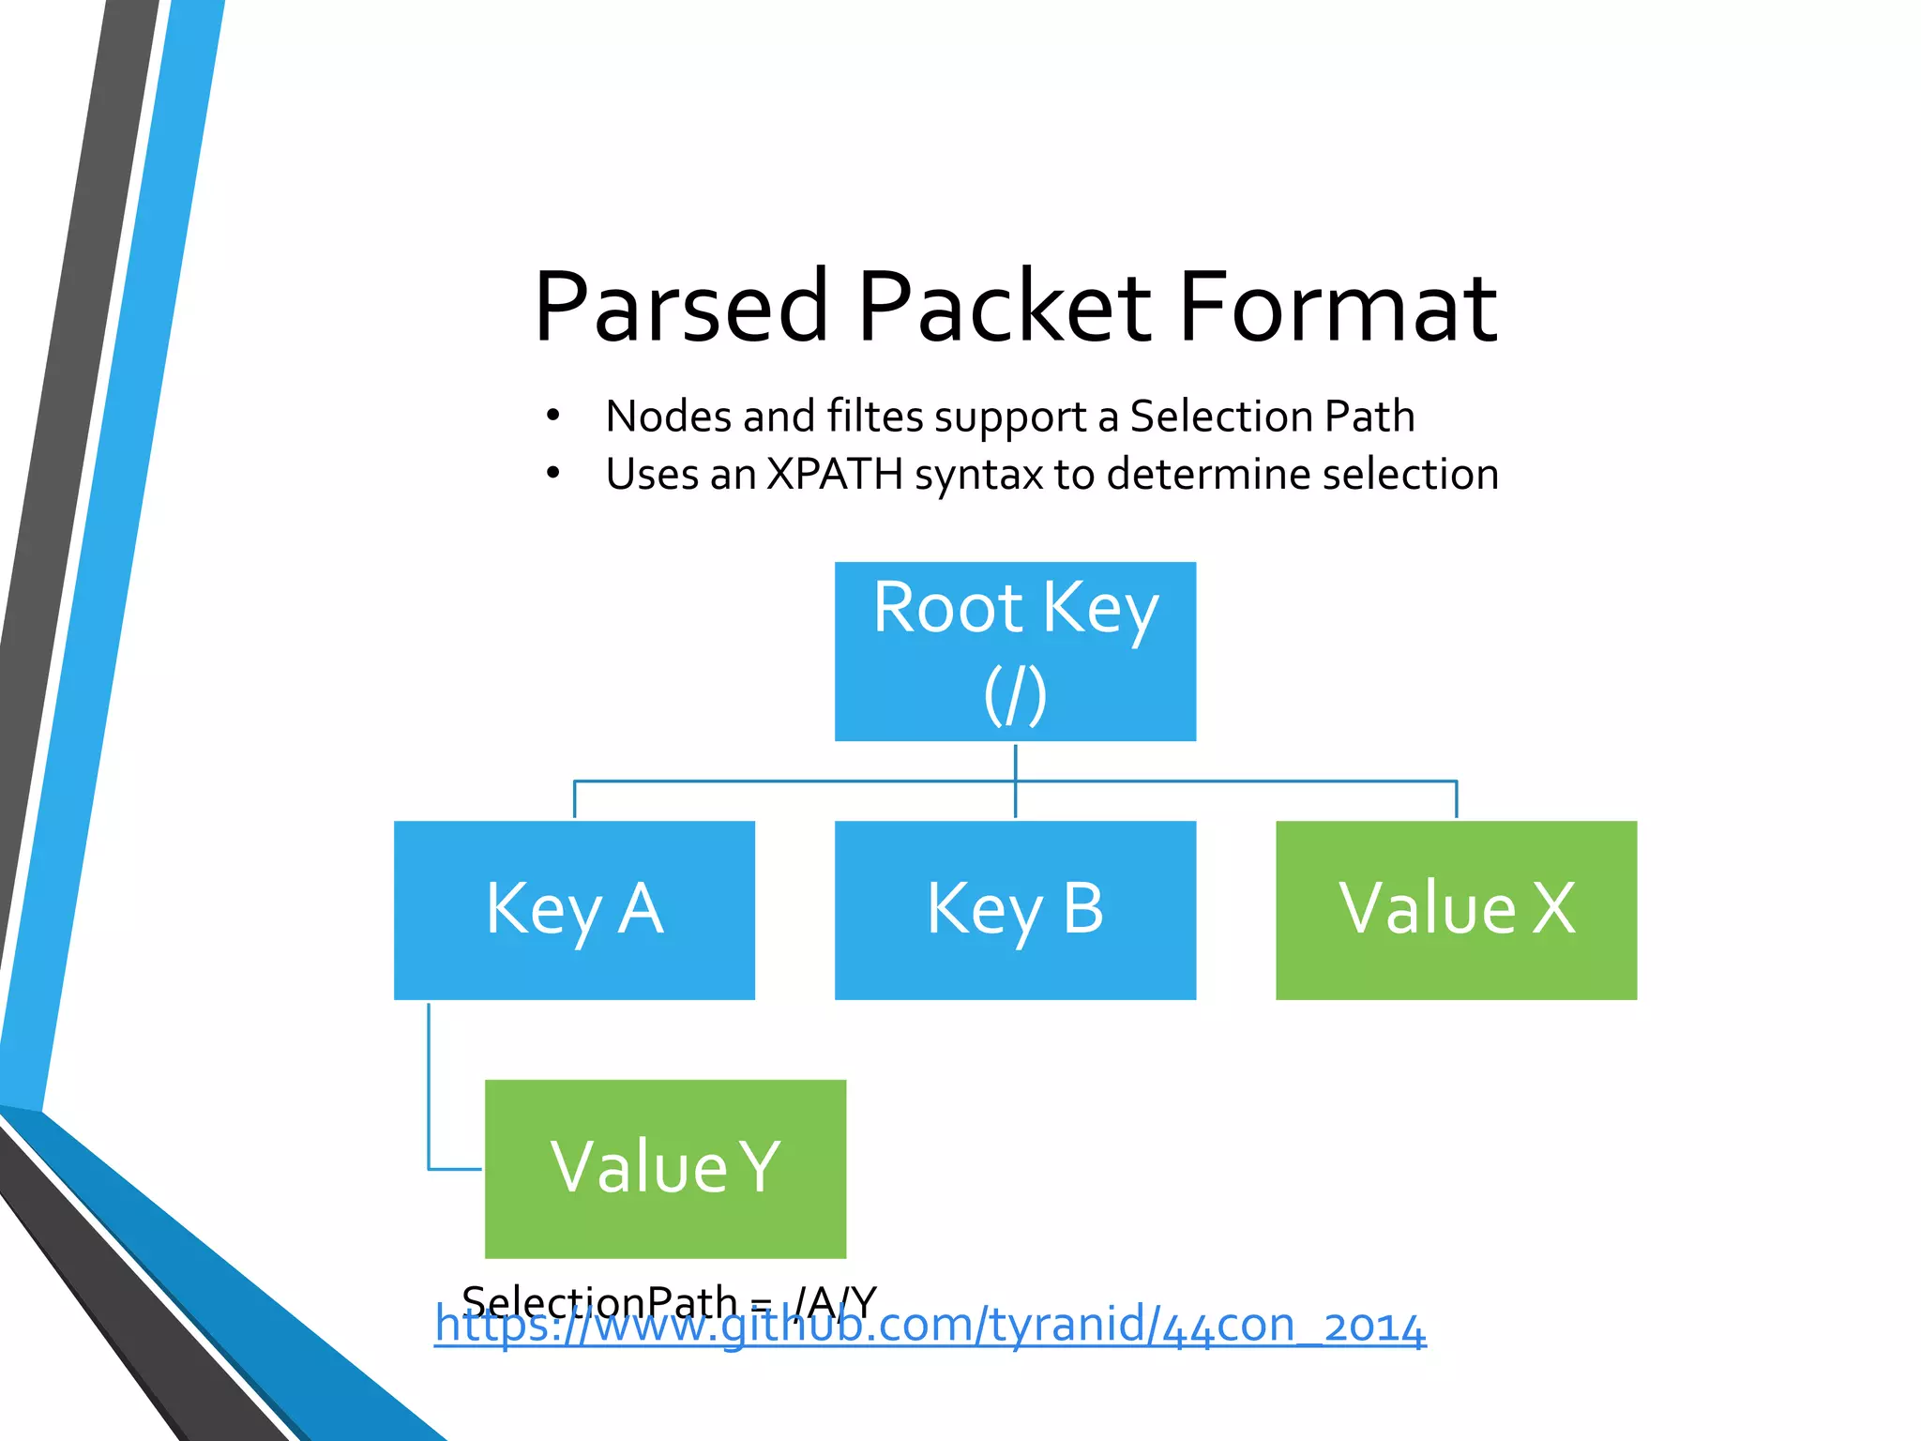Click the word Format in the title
point(1338,307)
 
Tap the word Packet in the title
point(1004,307)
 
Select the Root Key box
point(1015,651)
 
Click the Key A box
point(574,909)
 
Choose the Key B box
point(1015,909)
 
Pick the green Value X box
point(1456,909)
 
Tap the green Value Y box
point(665,1168)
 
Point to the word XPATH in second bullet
point(834,474)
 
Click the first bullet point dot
point(553,415)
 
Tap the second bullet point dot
point(553,473)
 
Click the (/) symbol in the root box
point(1015,695)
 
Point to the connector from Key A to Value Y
point(430,1088)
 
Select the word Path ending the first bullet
point(1369,416)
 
